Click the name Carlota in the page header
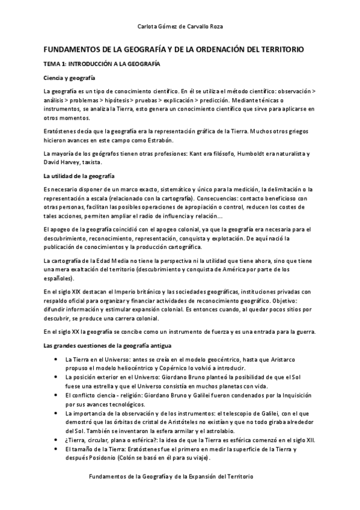[147, 26]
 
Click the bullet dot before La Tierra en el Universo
[55, 359]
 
